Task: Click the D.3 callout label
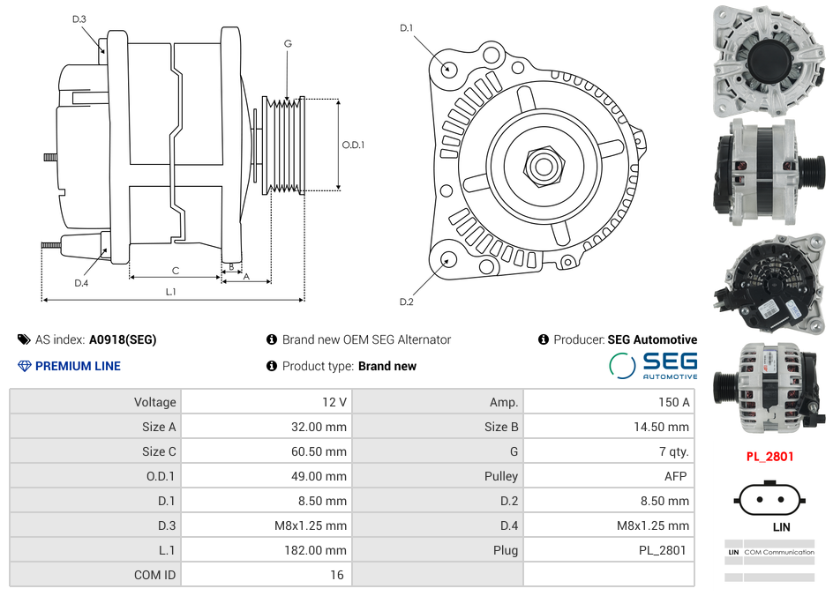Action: tap(79, 19)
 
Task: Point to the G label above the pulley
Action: tap(288, 43)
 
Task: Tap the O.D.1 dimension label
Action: tap(353, 145)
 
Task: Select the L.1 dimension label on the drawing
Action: tap(171, 291)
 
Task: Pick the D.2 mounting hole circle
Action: tap(448, 259)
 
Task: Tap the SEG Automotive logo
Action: tap(653, 365)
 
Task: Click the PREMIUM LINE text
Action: tap(78, 366)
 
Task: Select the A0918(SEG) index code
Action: tap(123, 339)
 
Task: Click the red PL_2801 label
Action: tap(769, 457)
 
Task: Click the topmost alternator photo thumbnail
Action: tap(767, 61)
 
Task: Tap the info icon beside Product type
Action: tap(272, 366)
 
